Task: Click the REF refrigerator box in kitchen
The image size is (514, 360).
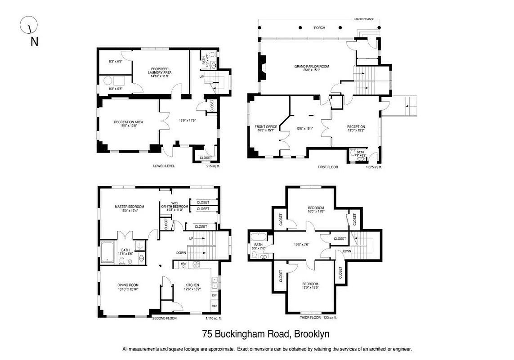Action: pyautogui.click(x=214, y=306)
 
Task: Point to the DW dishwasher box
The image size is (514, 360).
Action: pyautogui.click(x=214, y=296)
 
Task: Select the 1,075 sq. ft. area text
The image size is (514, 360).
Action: pyautogui.click(x=373, y=167)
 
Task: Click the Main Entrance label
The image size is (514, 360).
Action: pyautogui.click(x=364, y=19)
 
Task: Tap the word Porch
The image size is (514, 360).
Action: pyautogui.click(x=319, y=27)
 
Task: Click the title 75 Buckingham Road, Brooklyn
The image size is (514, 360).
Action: pyautogui.click(x=266, y=334)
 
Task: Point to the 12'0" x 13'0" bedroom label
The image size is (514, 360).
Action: pyautogui.click(x=310, y=286)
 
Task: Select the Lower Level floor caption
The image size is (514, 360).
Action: pyautogui.click(x=164, y=166)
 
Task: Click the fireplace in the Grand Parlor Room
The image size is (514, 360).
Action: pyautogui.click(x=262, y=67)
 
